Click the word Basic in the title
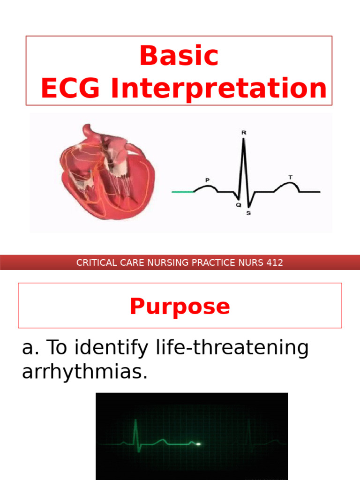[x=179, y=56]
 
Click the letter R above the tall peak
[x=243, y=133]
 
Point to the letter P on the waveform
[x=207, y=180]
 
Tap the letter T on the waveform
[x=291, y=177]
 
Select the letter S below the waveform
[x=248, y=213]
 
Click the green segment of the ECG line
[x=183, y=192]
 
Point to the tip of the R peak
[x=243, y=139]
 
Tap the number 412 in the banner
[x=274, y=262]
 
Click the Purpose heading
[x=180, y=307]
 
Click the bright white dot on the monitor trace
[x=198, y=443]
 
